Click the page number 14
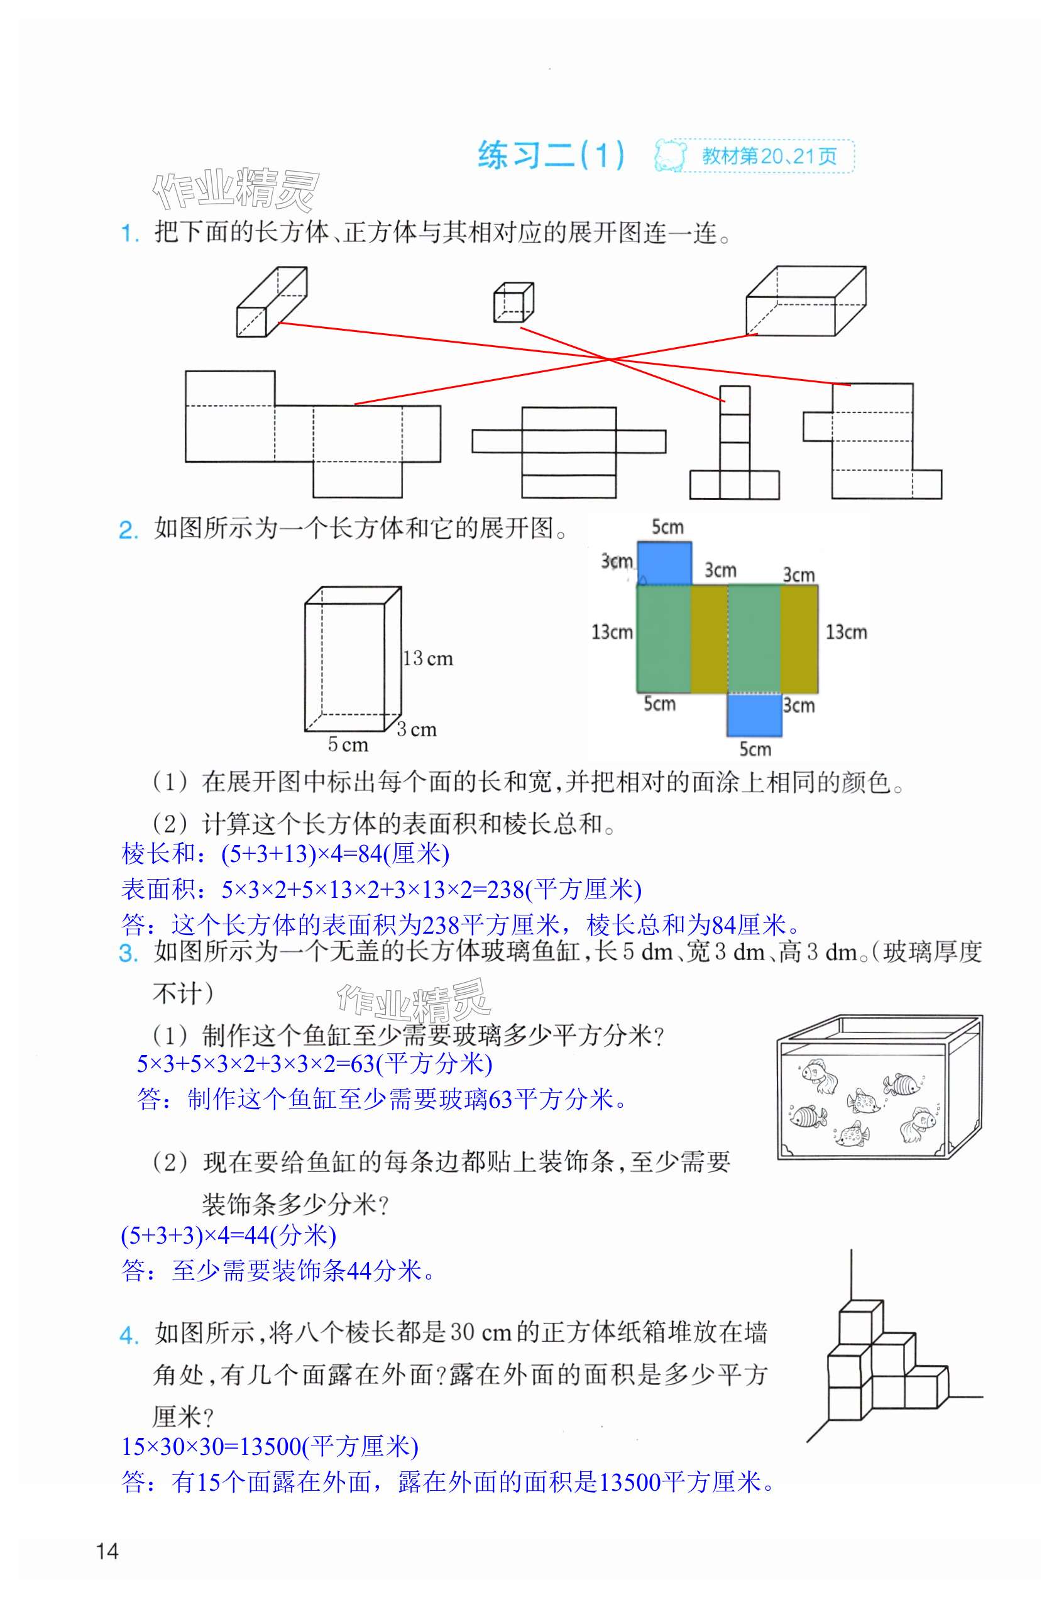point(107,1550)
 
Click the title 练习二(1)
point(551,155)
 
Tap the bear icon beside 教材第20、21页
point(670,156)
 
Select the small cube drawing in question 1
point(513,302)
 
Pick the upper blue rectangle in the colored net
point(664,563)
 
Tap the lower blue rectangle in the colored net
point(754,715)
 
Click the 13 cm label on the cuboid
point(427,659)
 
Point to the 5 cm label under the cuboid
point(348,744)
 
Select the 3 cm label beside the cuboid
point(417,729)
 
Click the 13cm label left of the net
point(612,633)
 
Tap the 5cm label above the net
point(667,527)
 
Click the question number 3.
point(128,953)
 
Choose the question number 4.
point(128,1335)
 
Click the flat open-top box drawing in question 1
point(805,301)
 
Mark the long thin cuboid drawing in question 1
point(272,301)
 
